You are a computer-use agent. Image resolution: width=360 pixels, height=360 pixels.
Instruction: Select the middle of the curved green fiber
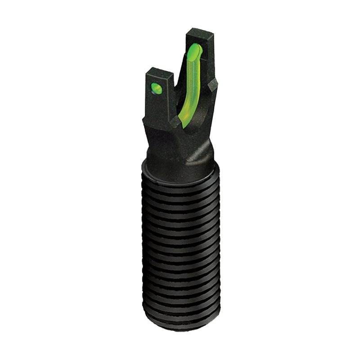click(x=189, y=85)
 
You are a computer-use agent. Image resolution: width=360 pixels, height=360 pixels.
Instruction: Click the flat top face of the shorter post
click(x=160, y=72)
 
